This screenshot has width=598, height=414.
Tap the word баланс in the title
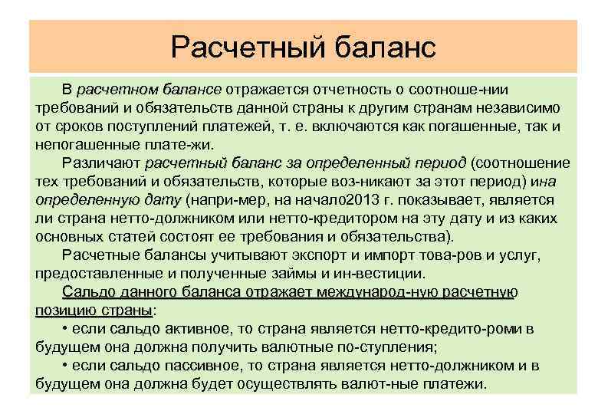tap(386, 47)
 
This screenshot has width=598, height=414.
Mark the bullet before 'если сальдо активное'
tap(66, 329)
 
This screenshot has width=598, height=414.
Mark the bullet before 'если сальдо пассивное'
tap(66, 366)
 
